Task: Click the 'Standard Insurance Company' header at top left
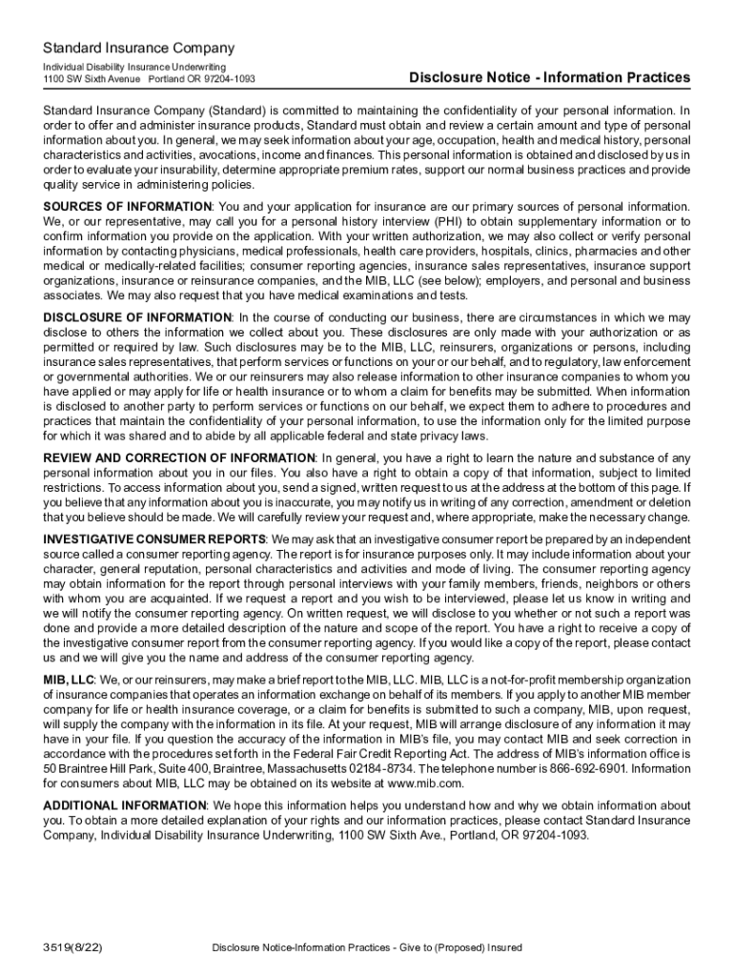(x=138, y=48)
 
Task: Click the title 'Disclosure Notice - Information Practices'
(x=550, y=77)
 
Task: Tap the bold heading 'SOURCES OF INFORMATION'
(x=128, y=207)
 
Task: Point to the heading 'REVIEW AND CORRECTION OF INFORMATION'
(x=179, y=458)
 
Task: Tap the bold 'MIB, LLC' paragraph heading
(x=69, y=679)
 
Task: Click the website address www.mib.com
(x=426, y=783)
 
